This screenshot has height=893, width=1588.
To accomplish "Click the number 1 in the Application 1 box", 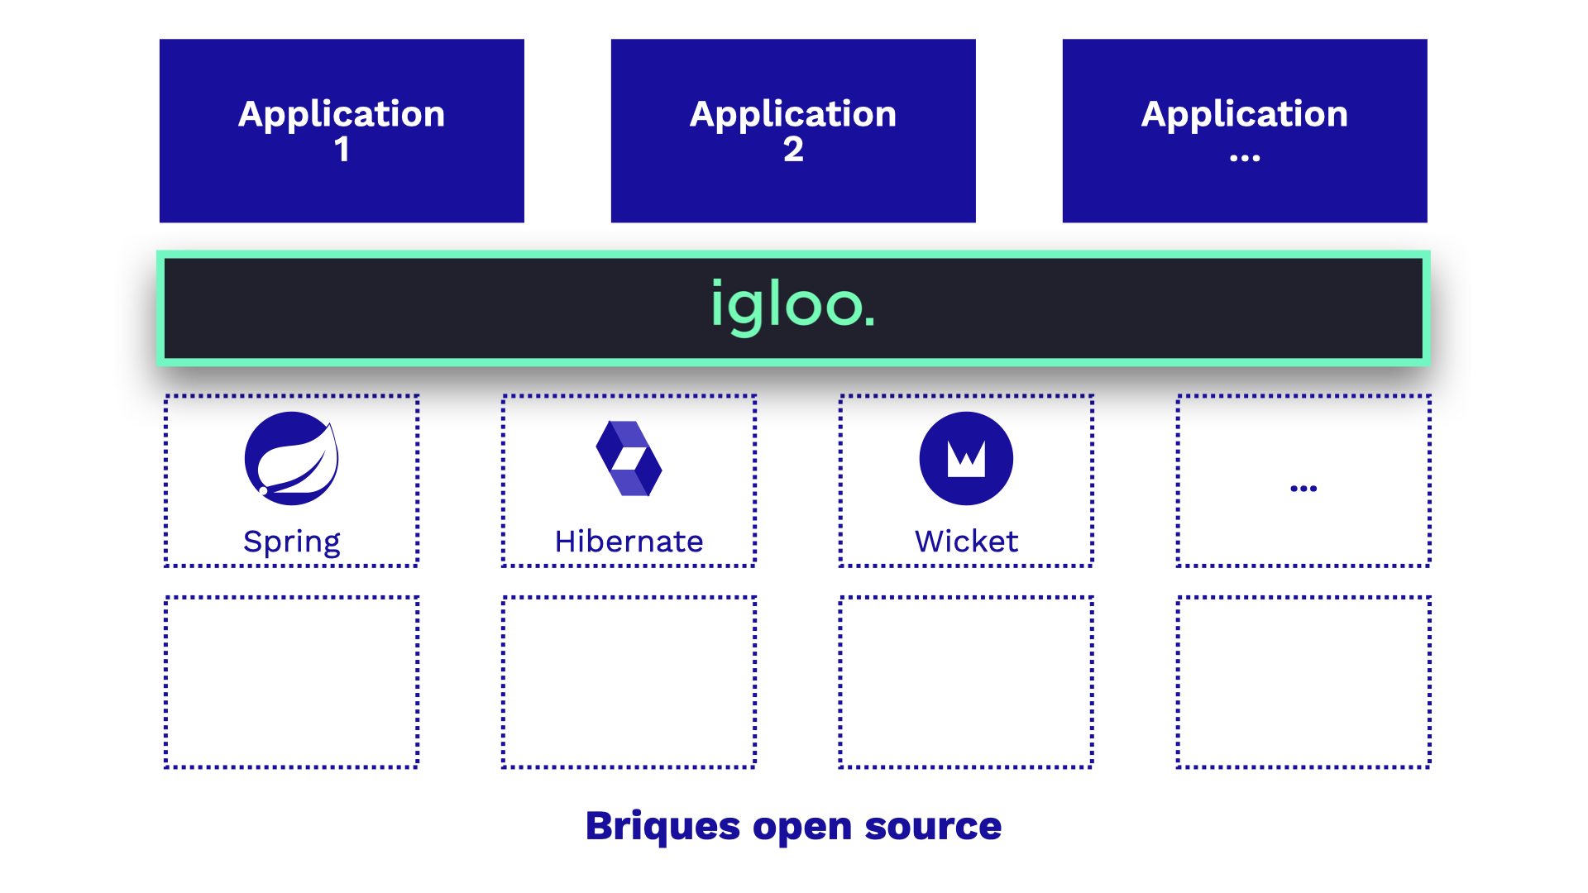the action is click(x=342, y=150).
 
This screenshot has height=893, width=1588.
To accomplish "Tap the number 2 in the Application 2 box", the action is click(x=793, y=150).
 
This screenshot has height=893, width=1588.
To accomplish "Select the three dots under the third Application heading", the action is click(x=1245, y=157).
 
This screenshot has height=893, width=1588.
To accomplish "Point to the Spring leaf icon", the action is click(x=291, y=458).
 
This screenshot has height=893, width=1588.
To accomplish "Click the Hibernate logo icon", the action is click(x=629, y=458).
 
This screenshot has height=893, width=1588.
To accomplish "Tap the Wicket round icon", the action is click(x=966, y=458).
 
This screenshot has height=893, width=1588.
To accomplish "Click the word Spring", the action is click(x=291, y=542).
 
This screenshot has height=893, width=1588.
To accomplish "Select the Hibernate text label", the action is click(x=629, y=542).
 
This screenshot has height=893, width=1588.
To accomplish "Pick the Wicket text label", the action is click(x=966, y=542).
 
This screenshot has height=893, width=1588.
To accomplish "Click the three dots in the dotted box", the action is click(x=1303, y=489).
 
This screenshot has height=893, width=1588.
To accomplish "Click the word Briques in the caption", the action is click(x=662, y=827).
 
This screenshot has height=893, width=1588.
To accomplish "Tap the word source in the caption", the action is click(x=933, y=827).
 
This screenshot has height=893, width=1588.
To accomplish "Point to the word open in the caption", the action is click(x=802, y=829).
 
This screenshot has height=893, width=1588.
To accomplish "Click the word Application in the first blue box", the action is click(x=342, y=115).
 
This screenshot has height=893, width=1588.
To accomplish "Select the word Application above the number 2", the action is click(x=793, y=115).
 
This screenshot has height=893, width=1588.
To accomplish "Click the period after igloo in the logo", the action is click(x=869, y=320).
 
